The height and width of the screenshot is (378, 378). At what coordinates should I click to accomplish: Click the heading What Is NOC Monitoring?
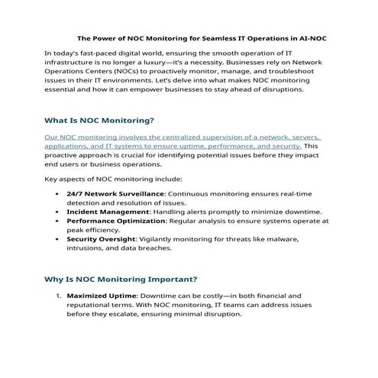100,121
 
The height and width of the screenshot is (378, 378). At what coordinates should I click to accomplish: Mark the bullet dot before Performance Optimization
58,221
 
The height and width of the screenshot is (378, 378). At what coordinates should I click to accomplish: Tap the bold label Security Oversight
102,238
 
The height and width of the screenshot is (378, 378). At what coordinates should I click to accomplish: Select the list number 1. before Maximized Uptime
57,295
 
